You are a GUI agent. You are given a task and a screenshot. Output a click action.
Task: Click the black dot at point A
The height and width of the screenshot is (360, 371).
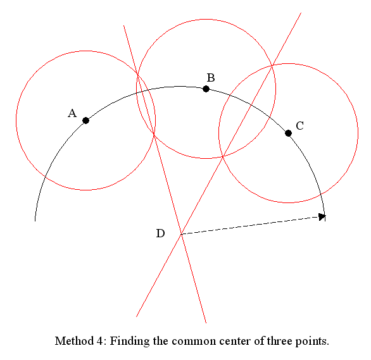(x=86, y=121)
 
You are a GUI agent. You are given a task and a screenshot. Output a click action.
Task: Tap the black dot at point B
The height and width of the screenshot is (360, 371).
(x=206, y=89)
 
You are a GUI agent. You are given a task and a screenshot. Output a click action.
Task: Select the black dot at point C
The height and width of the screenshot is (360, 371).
(x=288, y=133)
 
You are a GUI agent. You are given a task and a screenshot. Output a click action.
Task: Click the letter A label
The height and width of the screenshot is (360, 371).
(x=72, y=113)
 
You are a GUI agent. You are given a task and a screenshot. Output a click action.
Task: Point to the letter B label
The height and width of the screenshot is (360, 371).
(x=211, y=78)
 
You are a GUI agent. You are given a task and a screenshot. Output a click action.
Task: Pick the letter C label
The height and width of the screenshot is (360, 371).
(x=300, y=126)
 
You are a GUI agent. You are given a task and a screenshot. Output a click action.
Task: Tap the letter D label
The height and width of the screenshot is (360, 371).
(x=160, y=233)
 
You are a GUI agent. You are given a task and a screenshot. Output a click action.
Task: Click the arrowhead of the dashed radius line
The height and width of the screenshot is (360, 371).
(x=322, y=216)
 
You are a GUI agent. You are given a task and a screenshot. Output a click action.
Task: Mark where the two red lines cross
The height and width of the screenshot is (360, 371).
(x=181, y=234)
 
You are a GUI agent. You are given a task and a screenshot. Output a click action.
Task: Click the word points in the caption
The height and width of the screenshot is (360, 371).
(x=312, y=342)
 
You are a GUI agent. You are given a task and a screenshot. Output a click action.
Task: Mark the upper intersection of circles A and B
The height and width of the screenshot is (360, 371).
(x=137, y=75)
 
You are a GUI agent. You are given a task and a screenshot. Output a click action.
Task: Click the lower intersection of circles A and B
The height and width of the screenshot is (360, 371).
(x=154, y=134)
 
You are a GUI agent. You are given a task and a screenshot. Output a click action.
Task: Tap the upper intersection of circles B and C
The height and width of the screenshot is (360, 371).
(x=272, y=65)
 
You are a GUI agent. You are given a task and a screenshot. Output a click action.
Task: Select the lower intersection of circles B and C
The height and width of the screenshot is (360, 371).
(x=222, y=156)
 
